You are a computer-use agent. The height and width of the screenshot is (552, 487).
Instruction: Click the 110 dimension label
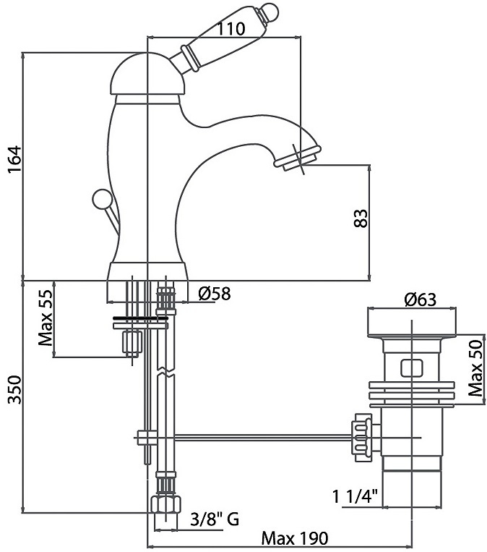tap(230, 29)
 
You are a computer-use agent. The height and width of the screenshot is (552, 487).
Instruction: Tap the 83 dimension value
tap(361, 218)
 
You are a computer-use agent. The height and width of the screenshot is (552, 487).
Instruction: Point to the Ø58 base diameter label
tap(214, 294)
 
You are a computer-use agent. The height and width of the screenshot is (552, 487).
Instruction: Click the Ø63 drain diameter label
tap(422, 300)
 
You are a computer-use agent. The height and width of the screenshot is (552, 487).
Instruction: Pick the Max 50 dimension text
tap(474, 368)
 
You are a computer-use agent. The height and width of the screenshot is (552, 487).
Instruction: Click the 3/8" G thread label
tap(214, 518)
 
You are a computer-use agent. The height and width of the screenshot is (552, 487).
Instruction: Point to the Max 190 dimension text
tap(294, 538)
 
